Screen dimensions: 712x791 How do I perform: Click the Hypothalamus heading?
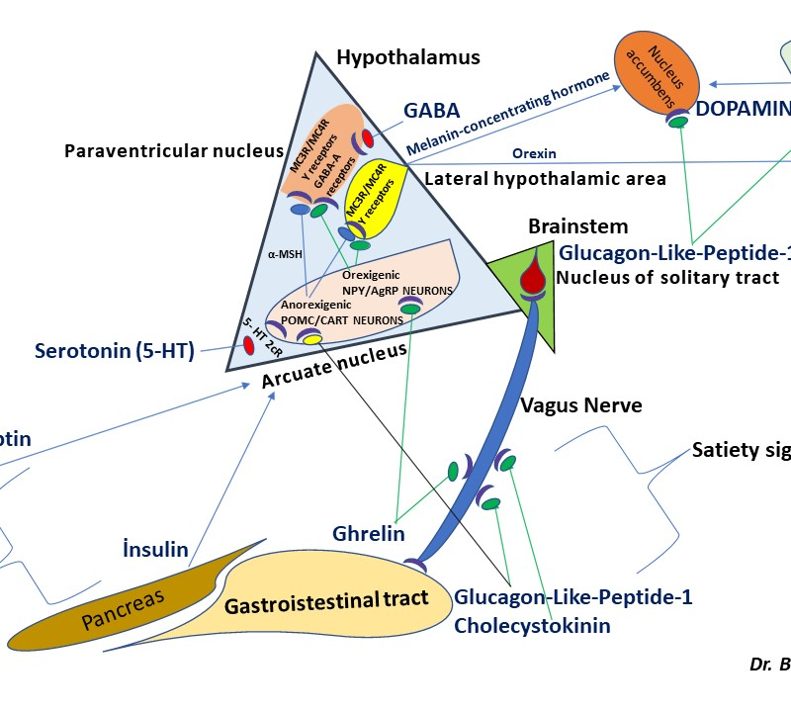click(x=407, y=57)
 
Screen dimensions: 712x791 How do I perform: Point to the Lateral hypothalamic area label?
click(x=544, y=179)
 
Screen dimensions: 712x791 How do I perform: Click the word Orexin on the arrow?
click(x=535, y=154)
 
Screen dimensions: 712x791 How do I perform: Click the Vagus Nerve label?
click(x=581, y=405)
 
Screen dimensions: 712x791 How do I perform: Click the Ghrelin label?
click(x=368, y=534)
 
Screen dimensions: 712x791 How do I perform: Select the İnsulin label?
click(x=156, y=549)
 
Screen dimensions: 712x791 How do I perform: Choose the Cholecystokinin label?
click(x=532, y=625)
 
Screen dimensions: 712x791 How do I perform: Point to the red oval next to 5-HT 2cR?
click(x=247, y=345)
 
